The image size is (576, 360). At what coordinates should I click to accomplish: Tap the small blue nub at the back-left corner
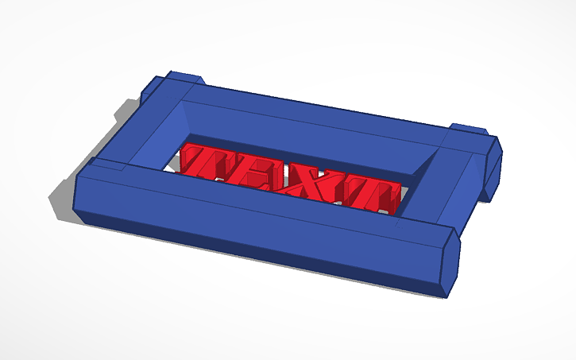[184, 77]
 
